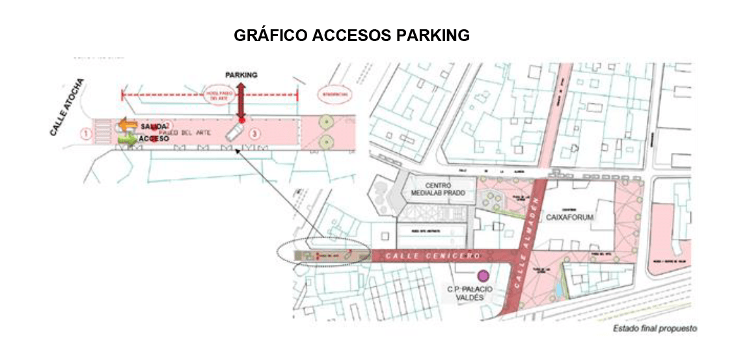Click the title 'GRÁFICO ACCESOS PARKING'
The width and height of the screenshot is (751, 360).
point(351,36)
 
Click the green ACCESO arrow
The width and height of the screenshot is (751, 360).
point(126,138)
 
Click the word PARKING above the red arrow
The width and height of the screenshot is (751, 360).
point(241,75)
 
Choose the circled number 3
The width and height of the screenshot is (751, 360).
point(256,134)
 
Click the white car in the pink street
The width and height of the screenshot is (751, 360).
point(233,133)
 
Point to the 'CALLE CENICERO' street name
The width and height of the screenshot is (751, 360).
point(433,255)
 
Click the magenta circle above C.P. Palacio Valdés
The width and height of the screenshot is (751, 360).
point(483,275)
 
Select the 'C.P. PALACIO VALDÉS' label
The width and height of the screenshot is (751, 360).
point(471,292)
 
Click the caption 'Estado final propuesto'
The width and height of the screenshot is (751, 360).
point(655,329)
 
